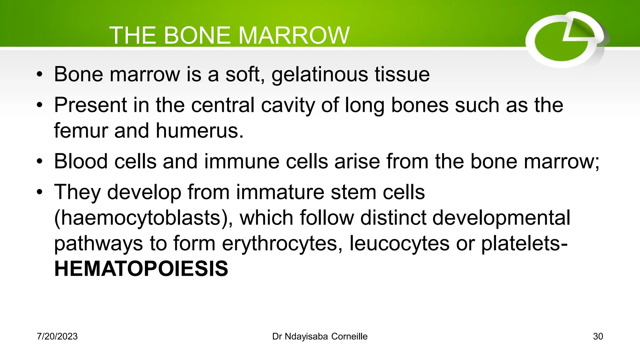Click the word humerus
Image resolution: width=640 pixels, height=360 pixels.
point(199,130)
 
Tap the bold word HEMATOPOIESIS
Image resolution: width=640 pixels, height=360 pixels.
point(141,269)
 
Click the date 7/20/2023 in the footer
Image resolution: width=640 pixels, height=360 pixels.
point(57,337)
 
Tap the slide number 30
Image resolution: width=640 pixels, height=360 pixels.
point(598,337)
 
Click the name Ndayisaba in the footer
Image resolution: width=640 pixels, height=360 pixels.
point(306,337)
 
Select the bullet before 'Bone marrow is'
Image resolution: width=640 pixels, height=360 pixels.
point(39,75)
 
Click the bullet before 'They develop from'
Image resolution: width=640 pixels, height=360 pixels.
point(39,192)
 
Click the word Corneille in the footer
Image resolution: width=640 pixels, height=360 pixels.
point(349,337)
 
